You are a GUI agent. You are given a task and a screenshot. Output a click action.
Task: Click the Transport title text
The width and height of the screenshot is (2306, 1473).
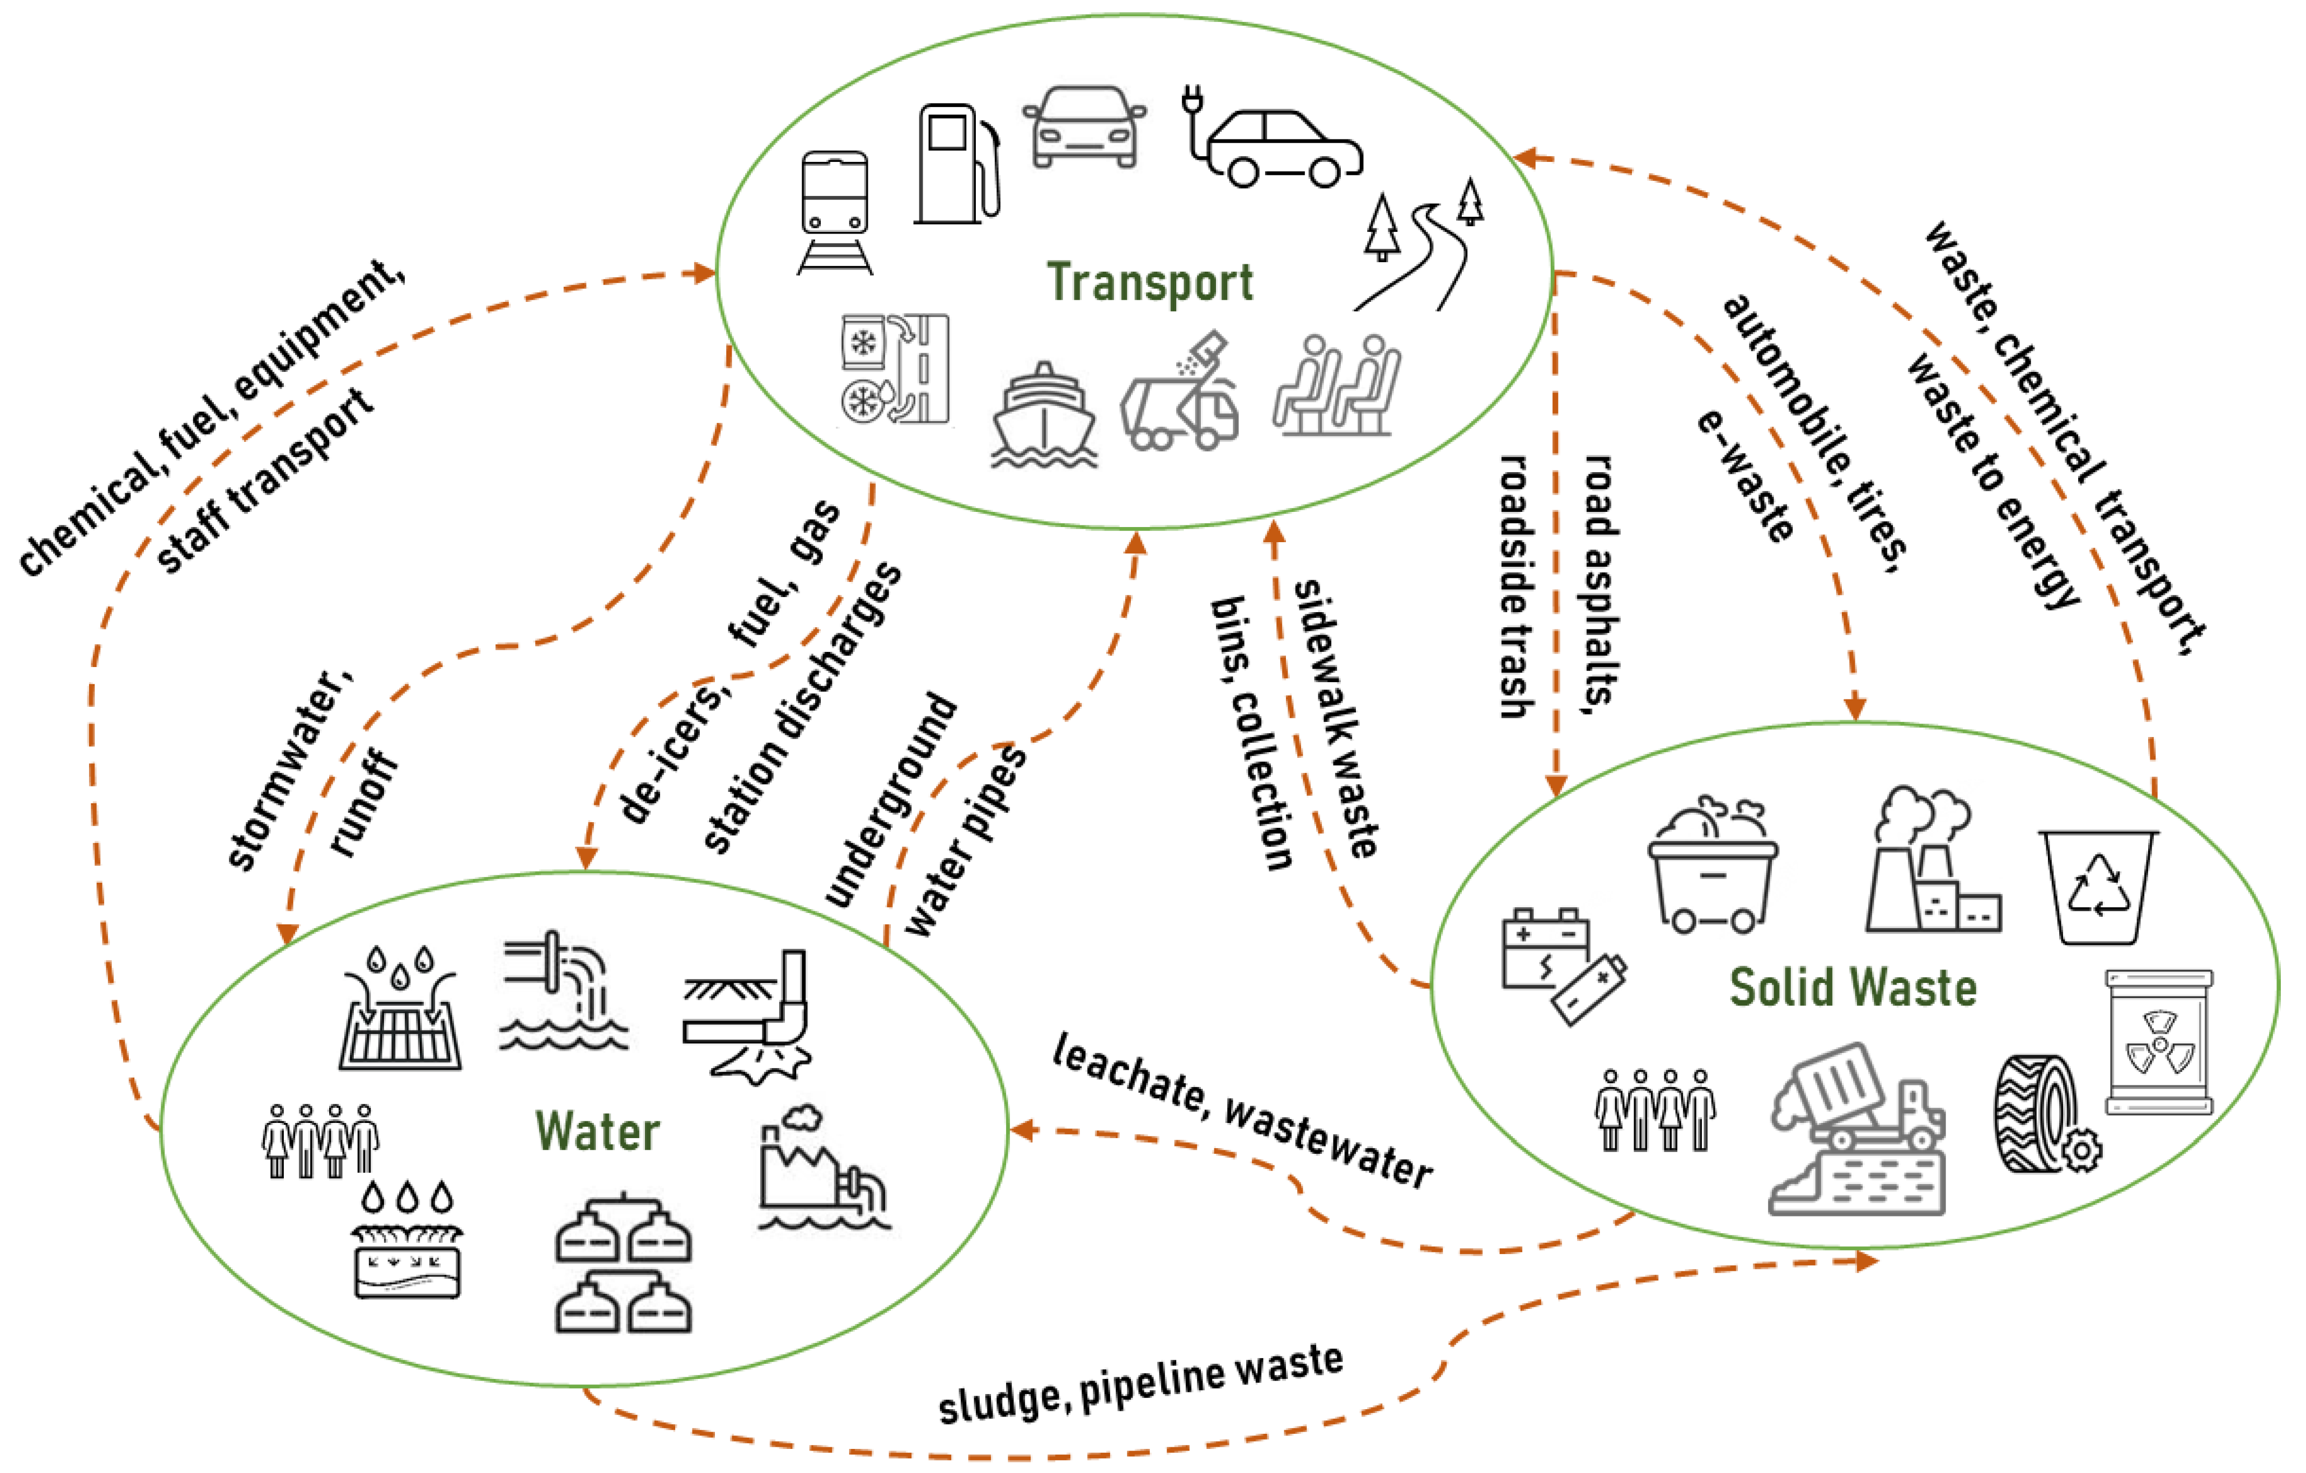pyautogui.click(x=1149, y=283)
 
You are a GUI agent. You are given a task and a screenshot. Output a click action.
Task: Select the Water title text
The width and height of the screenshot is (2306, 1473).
pyautogui.click(x=597, y=1131)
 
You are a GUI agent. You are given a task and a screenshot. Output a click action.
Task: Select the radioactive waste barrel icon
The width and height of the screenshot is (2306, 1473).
pyautogui.click(x=2159, y=1042)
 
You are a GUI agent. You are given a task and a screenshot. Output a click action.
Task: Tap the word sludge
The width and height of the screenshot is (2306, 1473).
pyautogui.click(x=1001, y=1401)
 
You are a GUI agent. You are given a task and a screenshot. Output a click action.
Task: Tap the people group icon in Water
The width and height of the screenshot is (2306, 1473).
pyautogui.click(x=320, y=1140)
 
